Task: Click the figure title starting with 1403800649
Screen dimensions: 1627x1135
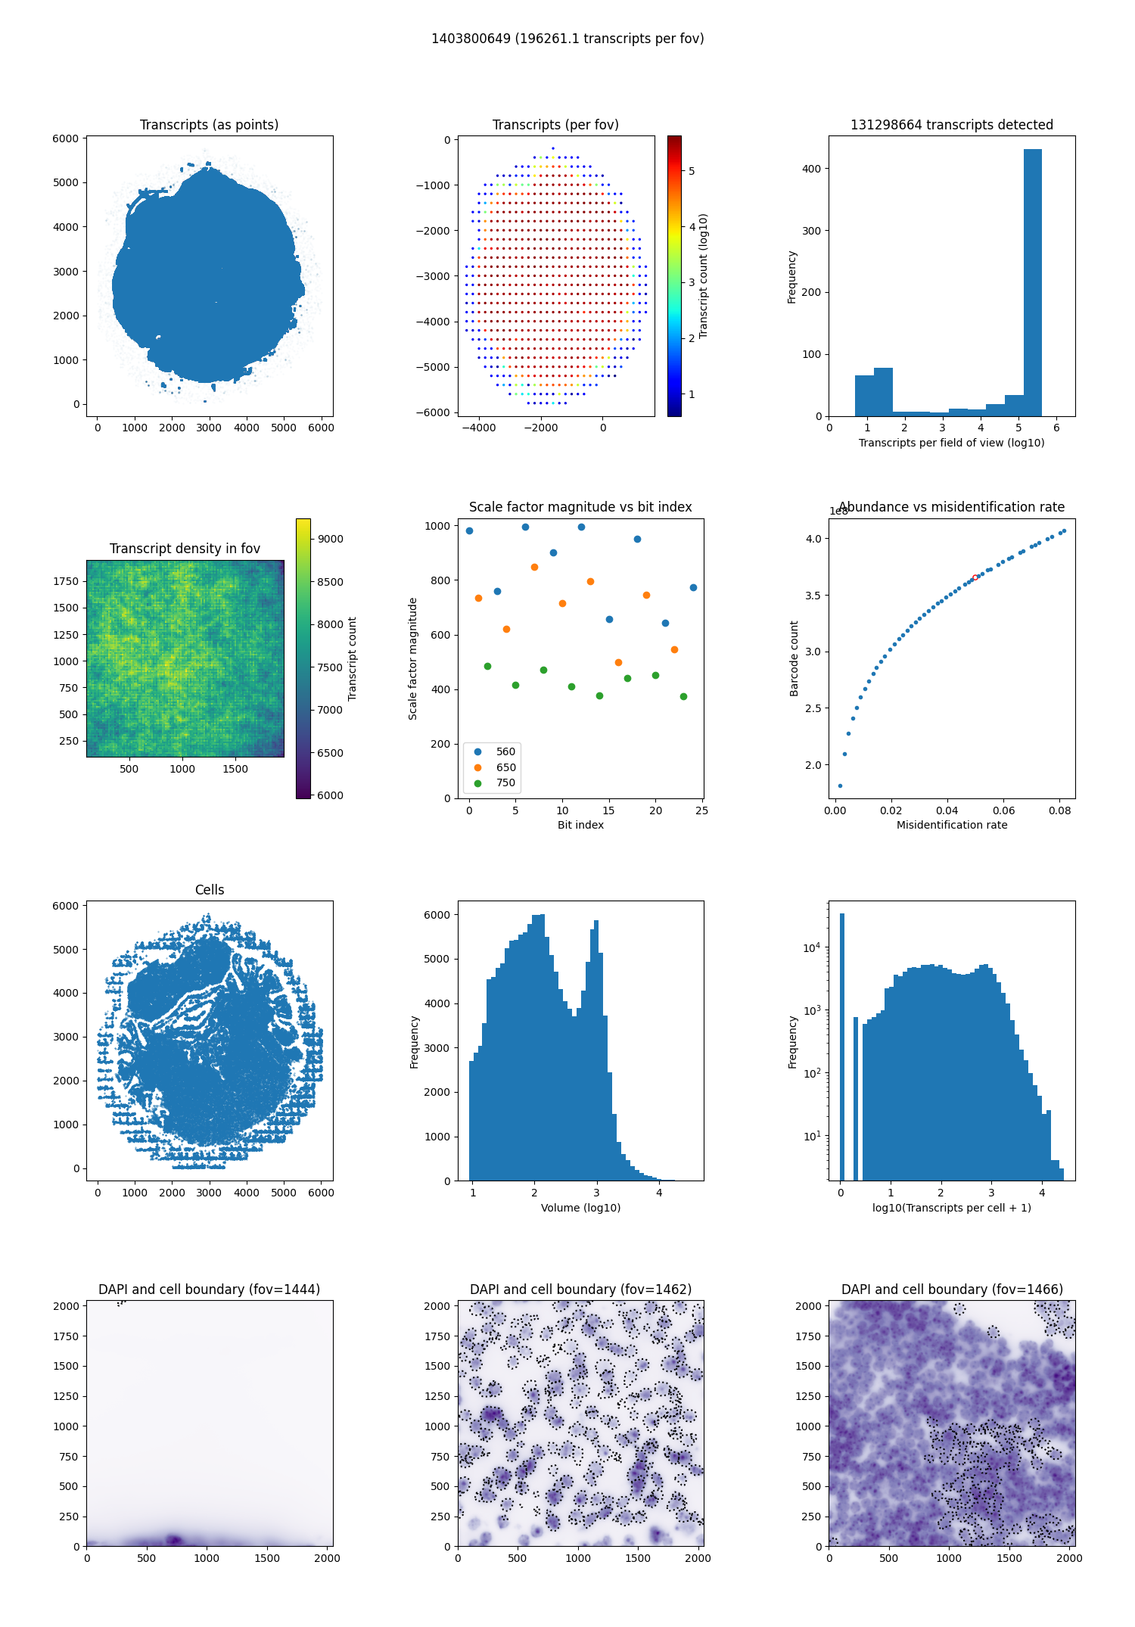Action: coord(567,39)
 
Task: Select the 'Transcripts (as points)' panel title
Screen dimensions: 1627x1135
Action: coord(209,125)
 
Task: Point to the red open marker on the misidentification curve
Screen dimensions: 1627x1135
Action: coord(975,577)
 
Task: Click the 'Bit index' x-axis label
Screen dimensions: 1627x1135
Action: coord(580,825)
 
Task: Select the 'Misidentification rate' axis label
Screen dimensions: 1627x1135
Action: coord(952,825)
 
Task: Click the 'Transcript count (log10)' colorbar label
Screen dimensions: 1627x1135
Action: coord(704,276)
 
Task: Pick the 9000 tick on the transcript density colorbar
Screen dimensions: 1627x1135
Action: coord(330,539)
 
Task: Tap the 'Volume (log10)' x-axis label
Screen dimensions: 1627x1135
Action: coord(580,1208)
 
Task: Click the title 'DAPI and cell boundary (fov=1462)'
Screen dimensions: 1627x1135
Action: coord(580,1289)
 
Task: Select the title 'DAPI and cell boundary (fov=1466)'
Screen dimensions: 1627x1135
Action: coord(952,1289)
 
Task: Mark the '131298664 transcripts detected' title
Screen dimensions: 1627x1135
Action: coord(952,125)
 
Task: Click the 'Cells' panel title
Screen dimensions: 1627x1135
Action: coord(210,890)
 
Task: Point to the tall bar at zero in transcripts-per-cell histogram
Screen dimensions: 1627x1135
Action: coord(841,1044)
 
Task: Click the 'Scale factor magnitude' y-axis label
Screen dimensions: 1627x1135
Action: coord(413,658)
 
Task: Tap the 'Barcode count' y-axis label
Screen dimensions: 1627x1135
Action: coord(794,658)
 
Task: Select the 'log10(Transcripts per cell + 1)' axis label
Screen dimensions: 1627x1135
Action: coord(952,1208)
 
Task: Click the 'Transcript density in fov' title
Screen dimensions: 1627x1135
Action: coord(185,549)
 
